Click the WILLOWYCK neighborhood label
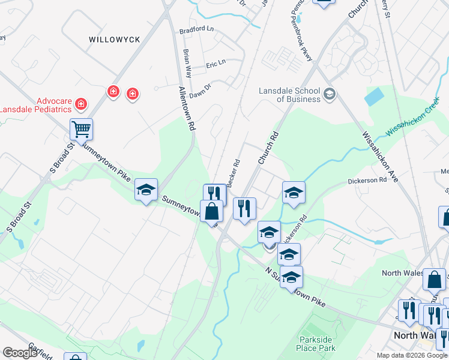pos(114,40)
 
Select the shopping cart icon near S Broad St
pos(81,128)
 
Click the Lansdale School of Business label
pos(289,95)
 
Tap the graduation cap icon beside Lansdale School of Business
pos(329,94)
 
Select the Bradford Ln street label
pos(196,29)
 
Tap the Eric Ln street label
pos(215,62)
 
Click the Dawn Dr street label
pos(200,88)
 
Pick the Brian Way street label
pos(188,63)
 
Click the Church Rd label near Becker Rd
pos(269,148)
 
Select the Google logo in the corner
pos(20,352)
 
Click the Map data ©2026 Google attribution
pos(412,355)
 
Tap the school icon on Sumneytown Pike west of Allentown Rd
pos(146,190)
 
